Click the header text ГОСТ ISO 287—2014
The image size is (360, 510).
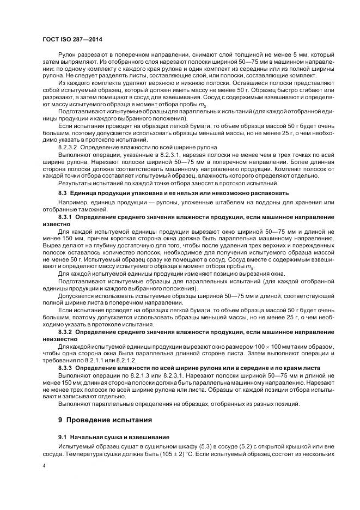(72, 39)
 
